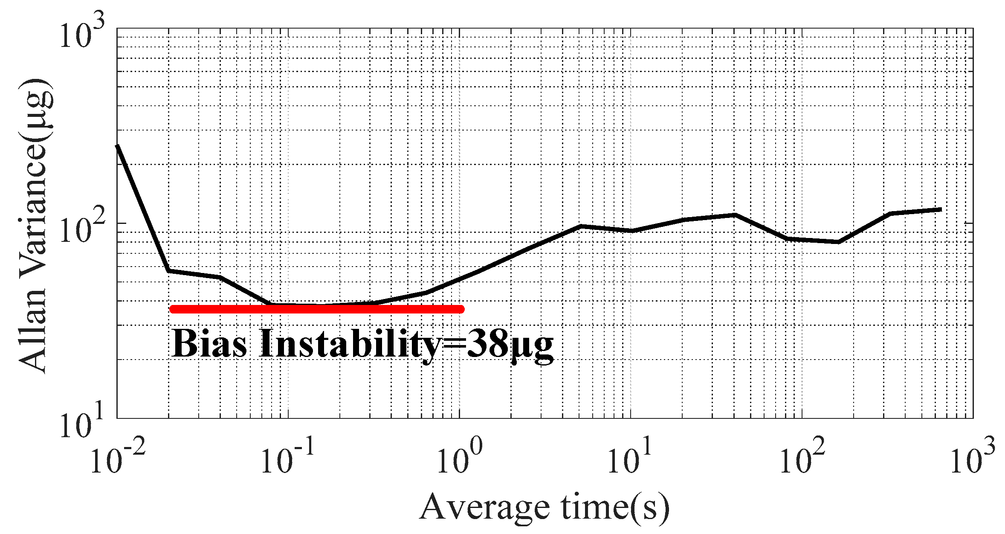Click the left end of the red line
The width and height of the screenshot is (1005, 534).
click(x=172, y=309)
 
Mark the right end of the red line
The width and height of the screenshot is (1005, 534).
click(x=461, y=309)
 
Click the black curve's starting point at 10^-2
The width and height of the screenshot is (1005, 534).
click(x=118, y=146)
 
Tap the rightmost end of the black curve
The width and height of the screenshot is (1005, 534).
click(x=941, y=209)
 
